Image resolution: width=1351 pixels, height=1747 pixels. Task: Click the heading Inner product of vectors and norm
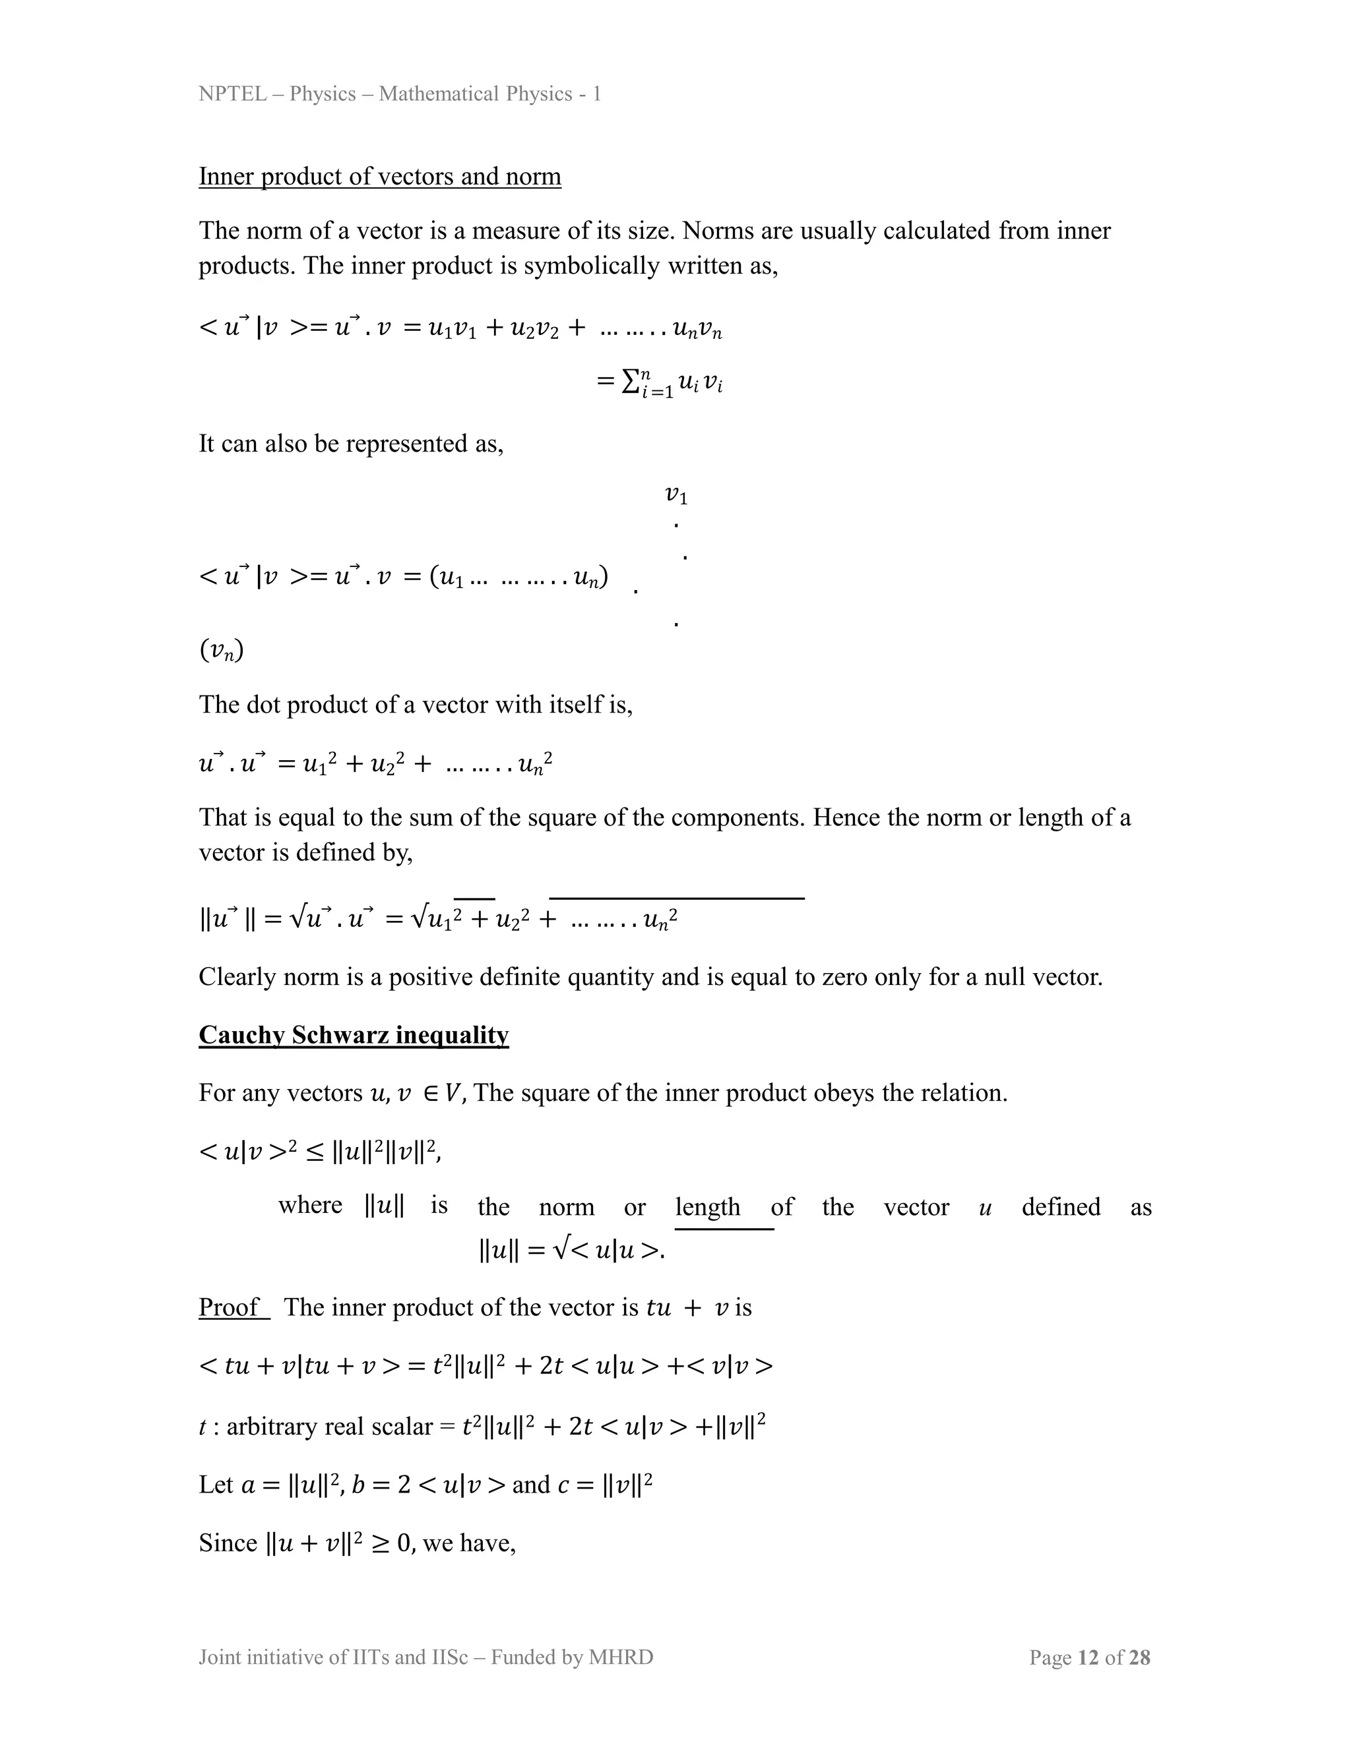pos(379,176)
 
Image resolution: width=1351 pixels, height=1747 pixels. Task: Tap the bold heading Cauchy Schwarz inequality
pos(353,1034)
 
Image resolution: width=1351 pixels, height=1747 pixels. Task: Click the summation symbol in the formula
pos(630,382)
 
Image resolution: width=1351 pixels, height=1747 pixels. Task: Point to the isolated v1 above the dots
pos(676,495)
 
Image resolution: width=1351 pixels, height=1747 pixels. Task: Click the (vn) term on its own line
pos(221,649)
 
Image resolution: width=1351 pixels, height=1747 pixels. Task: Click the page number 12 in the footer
pos(1088,1657)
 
